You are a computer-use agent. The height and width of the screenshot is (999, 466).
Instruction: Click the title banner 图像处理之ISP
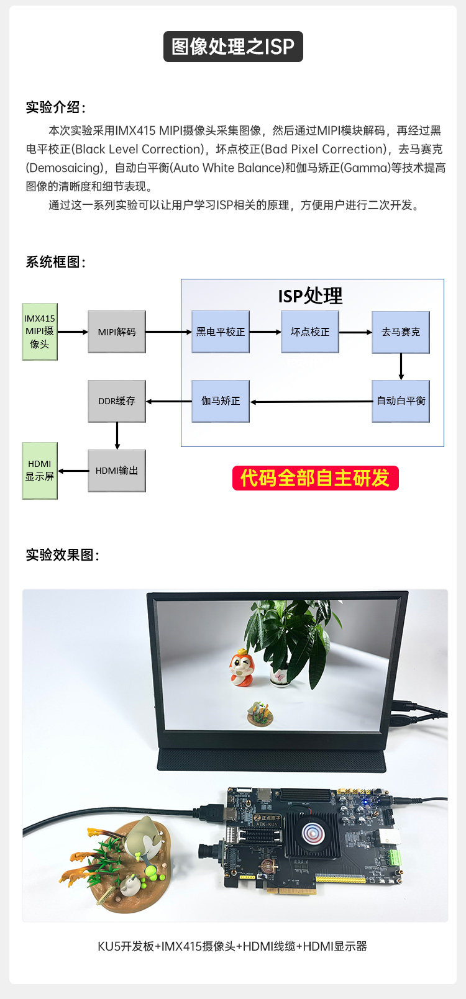coord(233,47)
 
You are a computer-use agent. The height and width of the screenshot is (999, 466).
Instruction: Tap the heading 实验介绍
coord(55,107)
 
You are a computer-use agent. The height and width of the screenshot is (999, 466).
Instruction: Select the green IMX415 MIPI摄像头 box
coord(40,332)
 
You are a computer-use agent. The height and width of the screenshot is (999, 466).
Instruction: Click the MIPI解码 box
coord(117,332)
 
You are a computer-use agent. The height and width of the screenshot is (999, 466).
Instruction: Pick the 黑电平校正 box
coord(221,332)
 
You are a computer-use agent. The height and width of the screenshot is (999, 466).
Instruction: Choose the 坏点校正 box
coord(310,332)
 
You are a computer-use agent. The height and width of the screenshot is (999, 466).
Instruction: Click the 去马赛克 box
coord(401,332)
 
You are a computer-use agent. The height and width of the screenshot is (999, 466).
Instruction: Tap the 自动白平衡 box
coord(401,401)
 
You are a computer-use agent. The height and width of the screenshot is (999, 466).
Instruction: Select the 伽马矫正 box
coord(221,401)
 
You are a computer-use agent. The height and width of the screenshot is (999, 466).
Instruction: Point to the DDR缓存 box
coord(117,401)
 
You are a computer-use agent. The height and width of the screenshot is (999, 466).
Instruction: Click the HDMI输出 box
coord(117,471)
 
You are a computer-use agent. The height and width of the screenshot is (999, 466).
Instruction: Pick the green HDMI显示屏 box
coord(40,471)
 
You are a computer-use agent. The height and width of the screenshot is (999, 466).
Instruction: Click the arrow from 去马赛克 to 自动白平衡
coord(401,367)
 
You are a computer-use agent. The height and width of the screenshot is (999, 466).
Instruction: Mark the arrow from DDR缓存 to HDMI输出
coord(117,436)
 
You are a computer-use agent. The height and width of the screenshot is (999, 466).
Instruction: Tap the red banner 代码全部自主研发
coord(315,478)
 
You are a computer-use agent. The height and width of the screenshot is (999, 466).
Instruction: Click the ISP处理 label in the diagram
coord(310,296)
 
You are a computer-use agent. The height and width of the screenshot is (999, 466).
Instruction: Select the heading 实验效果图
coord(62,554)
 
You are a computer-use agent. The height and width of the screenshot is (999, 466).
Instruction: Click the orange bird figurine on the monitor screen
coord(241,667)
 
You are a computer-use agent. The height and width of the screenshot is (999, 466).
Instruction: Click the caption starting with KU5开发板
coord(232,946)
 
